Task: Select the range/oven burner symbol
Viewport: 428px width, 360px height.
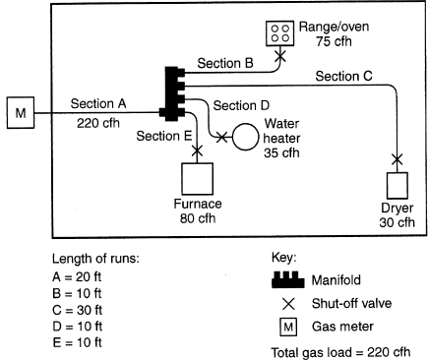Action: [x=281, y=34]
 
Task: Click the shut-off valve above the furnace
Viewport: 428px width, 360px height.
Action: [x=198, y=151]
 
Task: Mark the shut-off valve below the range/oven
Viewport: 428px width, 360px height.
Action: [x=280, y=58]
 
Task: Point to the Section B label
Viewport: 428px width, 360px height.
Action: [x=226, y=63]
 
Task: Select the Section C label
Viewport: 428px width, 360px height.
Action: [x=345, y=76]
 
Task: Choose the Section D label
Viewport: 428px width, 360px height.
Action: [x=243, y=105]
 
